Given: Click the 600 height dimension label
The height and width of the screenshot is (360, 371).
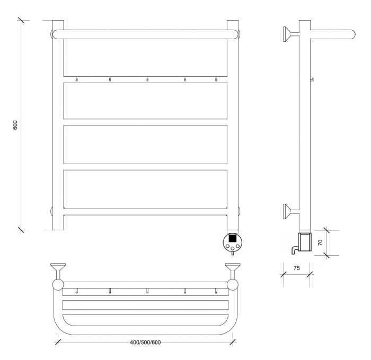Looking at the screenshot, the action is tap(15, 125).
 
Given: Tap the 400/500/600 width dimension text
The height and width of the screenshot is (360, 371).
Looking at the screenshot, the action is tap(145, 343).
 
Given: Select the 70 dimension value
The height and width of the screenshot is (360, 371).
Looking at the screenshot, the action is tap(320, 242).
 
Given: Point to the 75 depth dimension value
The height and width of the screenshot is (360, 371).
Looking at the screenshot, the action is tap(296, 268).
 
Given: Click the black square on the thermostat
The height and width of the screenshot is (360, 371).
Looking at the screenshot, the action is tap(233, 238).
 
